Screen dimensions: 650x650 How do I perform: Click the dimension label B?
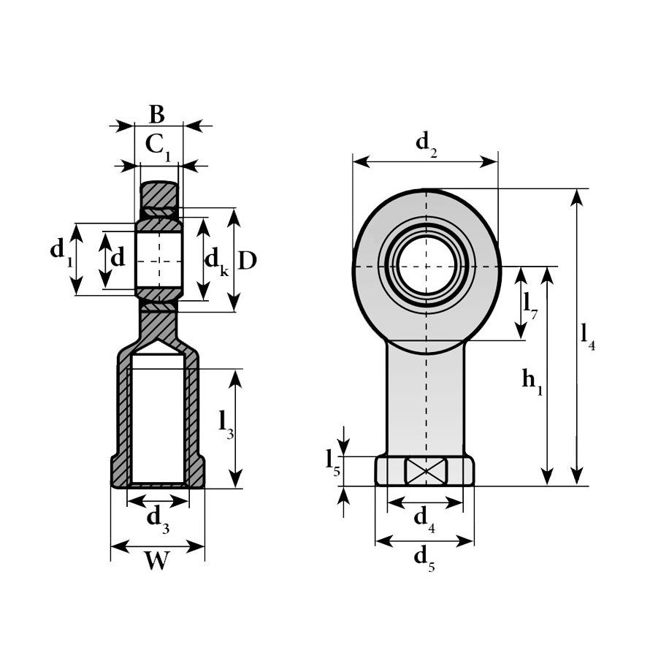click(157, 115)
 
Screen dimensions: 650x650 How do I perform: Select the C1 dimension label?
click(158, 146)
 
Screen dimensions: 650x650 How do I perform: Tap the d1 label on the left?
click(62, 251)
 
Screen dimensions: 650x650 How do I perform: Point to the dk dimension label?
click(216, 263)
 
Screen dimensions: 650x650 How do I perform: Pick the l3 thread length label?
click(226, 424)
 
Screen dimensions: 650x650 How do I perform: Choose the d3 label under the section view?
click(158, 519)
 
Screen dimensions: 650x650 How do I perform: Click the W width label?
click(158, 560)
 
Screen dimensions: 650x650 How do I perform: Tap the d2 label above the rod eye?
click(427, 145)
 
